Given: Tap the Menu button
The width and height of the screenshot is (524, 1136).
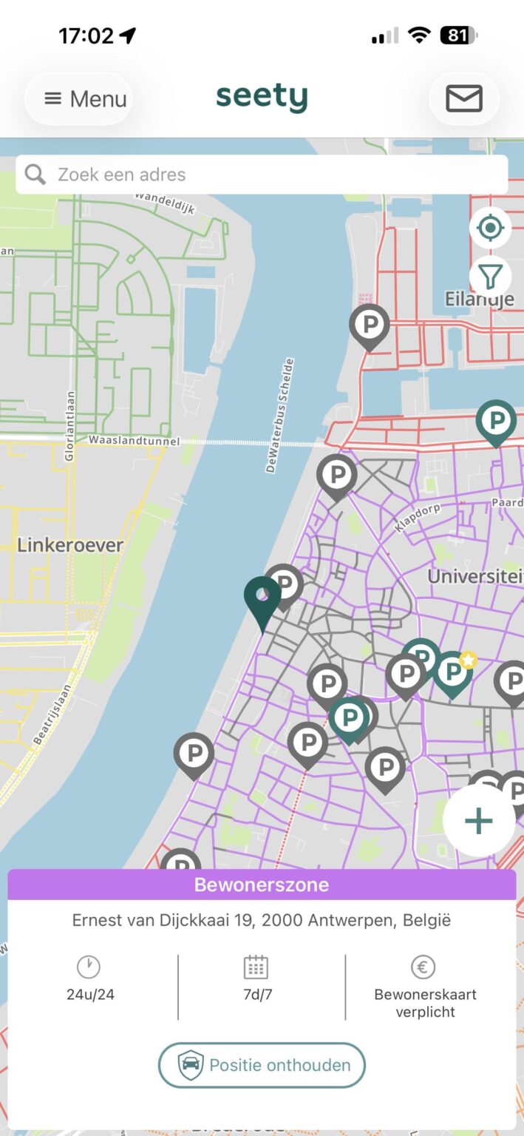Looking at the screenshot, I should click(78, 98).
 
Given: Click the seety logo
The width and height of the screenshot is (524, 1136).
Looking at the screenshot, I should click(262, 98).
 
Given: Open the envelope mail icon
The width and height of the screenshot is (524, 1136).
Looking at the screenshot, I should click(464, 98).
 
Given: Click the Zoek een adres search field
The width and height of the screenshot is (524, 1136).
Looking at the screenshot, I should click(262, 175).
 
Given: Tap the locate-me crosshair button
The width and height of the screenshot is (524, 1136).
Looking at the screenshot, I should click(490, 228).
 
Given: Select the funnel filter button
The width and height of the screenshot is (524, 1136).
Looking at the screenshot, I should click(490, 277).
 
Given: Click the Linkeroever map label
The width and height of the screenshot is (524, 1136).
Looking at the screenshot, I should click(70, 545).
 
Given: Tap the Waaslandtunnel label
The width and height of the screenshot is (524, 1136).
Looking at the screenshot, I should click(134, 441).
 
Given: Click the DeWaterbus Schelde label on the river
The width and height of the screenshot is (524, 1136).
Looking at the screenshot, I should click(280, 415).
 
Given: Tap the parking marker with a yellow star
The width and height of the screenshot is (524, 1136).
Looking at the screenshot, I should click(452, 671).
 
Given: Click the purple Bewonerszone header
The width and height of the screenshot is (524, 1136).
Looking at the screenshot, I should click(262, 885).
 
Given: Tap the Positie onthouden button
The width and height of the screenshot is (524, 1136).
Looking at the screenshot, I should click(262, 1065).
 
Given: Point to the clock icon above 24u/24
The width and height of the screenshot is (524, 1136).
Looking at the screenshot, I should click(89, 967).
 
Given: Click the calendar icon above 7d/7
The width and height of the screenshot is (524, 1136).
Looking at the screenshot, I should click(256, 967).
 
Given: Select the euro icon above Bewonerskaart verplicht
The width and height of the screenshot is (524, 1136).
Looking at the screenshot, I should click(423, 967).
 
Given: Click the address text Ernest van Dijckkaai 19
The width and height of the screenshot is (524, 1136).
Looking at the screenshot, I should click(262, 921).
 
